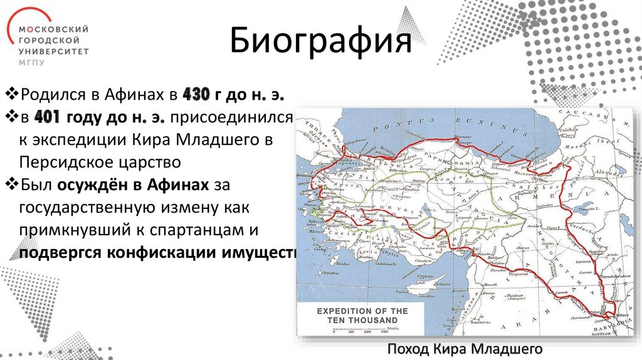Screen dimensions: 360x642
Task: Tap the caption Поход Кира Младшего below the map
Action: (x=465, y=349)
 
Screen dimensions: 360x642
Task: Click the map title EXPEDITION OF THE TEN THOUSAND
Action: (x=362, y=315)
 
